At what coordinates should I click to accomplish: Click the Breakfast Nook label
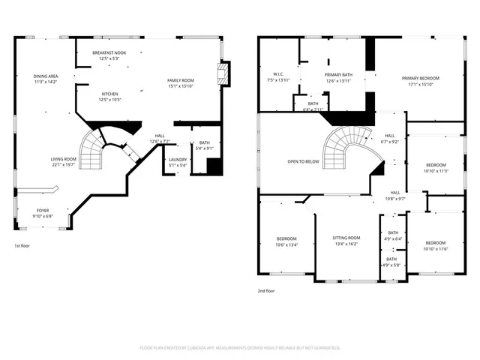109,53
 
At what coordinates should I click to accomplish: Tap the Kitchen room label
109,94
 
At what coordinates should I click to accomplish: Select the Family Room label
180,80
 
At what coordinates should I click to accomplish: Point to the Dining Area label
46,76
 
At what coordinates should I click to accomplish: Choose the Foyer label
43,211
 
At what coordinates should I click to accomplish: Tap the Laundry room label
177,159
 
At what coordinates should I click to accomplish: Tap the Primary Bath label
338,75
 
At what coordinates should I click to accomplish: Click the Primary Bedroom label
420,78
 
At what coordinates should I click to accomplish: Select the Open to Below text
303,161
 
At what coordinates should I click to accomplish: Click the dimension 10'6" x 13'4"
287,244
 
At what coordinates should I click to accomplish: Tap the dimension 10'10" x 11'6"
436,248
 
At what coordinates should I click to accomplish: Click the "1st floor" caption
22,246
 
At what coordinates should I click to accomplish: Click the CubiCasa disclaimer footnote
240,348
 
